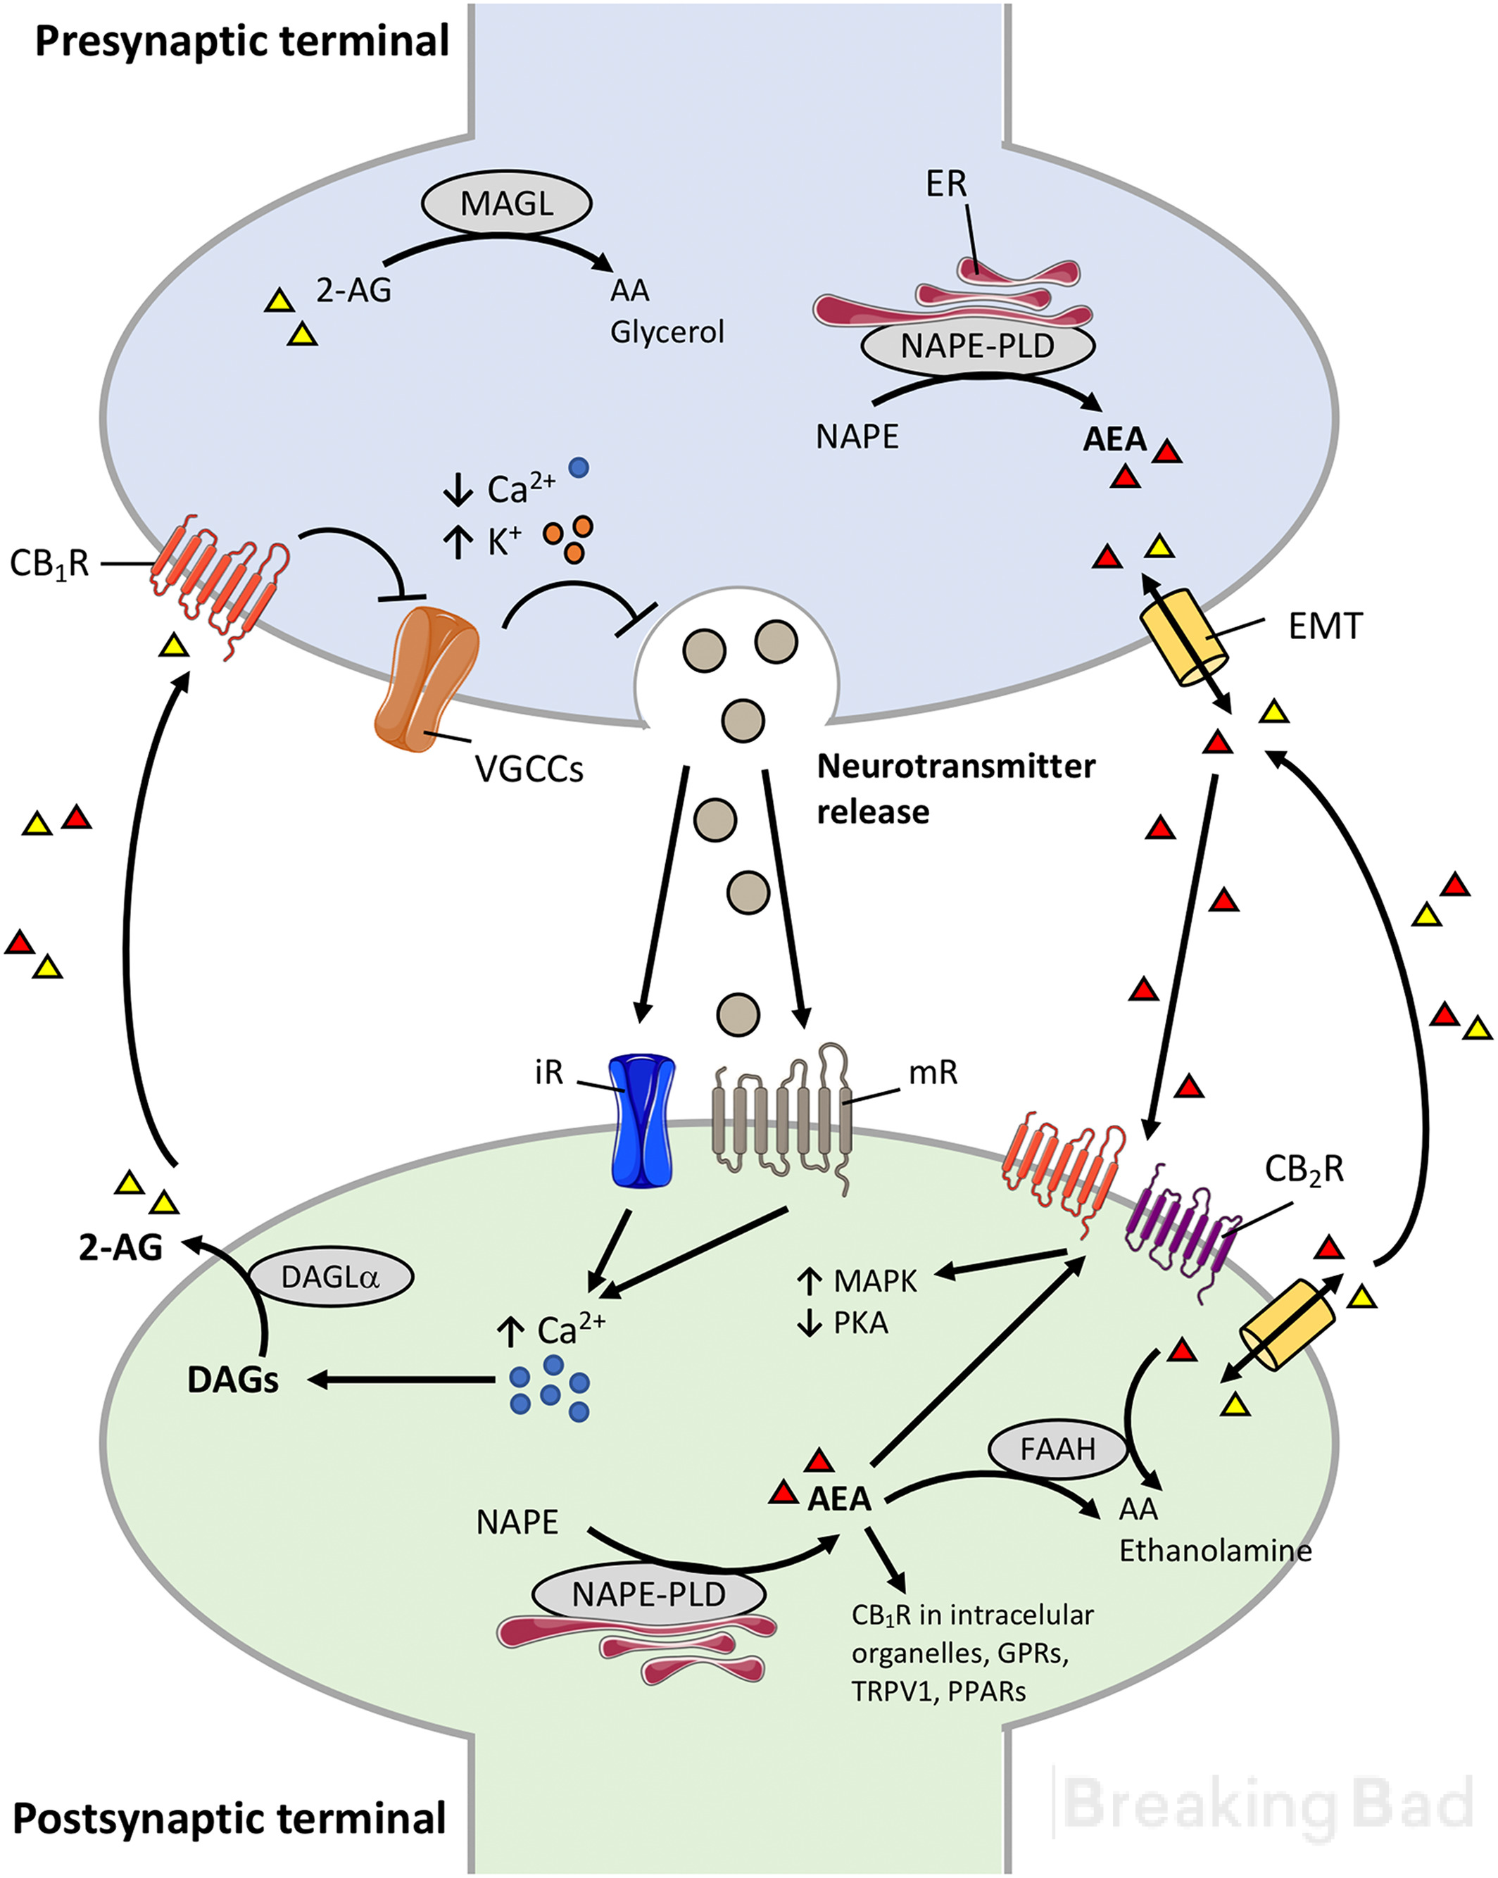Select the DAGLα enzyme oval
click(331, 1277)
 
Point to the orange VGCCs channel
click(426, 679)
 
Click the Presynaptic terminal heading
click(242, 42)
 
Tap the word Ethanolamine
click(1215, 1551)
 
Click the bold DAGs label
click(234, 1380)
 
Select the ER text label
click(947, 184)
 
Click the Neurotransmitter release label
click(956, 788)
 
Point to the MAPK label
click(875, 1281)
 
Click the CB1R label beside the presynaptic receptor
click(50, 565)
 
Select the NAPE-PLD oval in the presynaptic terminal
click(977, 346)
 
